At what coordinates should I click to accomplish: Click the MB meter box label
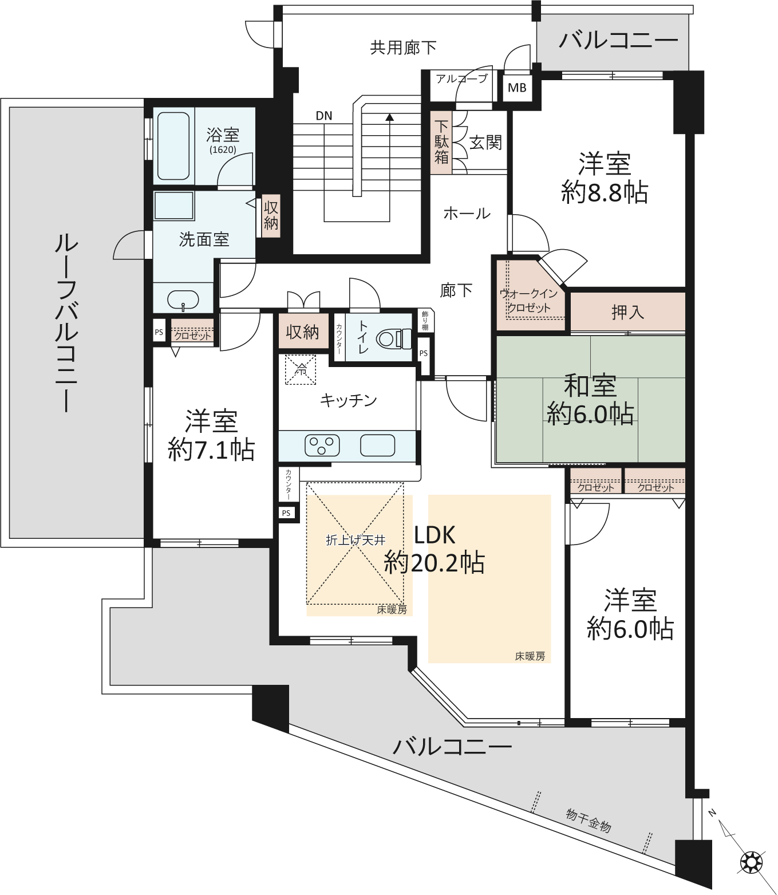[517, 88]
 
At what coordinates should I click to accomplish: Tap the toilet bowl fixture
[394, 338]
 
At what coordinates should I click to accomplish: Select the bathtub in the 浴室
[173, 146]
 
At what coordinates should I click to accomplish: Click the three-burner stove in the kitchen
[322, 445]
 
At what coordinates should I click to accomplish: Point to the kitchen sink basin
[377, 445]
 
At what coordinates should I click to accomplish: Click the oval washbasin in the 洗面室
[183, 300]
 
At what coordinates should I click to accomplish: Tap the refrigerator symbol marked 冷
[301, 370]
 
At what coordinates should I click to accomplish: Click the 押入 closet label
[627, 312]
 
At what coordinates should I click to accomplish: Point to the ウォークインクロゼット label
[529, 301]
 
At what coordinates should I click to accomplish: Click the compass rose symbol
[751, 862]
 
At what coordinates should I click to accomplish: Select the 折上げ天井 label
[356, 540]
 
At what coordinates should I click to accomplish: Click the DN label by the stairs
[324, 116]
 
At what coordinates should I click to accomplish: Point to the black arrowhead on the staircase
[390, 117]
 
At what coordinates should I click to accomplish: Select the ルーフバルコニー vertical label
[66, 322]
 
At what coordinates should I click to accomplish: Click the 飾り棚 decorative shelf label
[425, 321]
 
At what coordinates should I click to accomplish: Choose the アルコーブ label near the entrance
[462, 79]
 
